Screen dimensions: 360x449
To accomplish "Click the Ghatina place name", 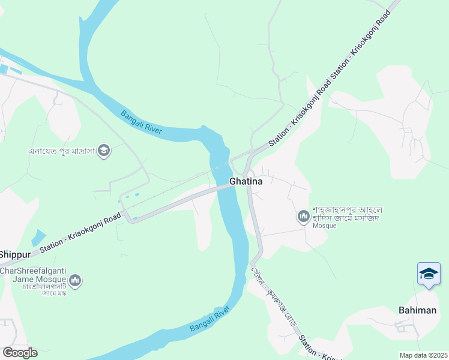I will click(246, 181).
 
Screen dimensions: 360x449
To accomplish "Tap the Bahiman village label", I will click(417, 310).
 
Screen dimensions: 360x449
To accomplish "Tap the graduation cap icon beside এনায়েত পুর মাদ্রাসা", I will click(104, 150).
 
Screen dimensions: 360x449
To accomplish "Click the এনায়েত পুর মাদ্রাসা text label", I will click(62, 151).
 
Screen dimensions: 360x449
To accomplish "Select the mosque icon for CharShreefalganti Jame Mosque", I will click(75, 280).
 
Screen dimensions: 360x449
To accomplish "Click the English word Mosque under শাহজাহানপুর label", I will click(320, 226).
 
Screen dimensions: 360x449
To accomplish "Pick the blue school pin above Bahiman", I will click(429, 274).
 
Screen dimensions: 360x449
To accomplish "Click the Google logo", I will click(20, 353).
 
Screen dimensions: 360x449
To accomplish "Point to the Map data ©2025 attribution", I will click(423, 355).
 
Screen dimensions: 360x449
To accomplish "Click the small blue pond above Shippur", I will click(38, 237).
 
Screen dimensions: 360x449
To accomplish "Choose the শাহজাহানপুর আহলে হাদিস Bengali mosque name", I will click(346, 213).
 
